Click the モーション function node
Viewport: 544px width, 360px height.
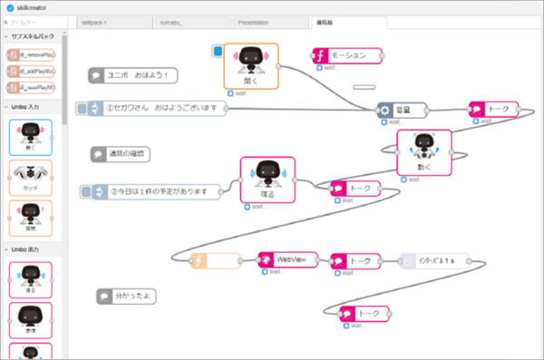coord(346,56)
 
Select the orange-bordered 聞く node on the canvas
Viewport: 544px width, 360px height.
coord(250,65)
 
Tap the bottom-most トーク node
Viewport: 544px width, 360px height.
coord(362,314)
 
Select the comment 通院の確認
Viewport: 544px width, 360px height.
coord(121,154)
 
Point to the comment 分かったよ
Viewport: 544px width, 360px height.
coord(124,296)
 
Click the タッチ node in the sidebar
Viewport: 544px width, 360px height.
coord(30,177)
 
